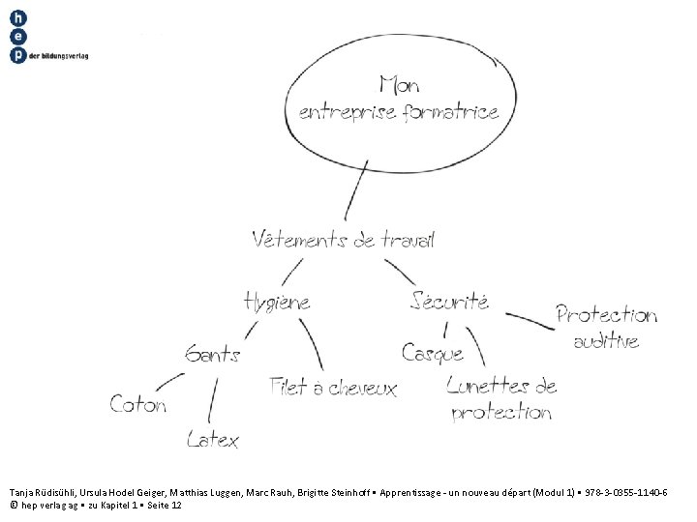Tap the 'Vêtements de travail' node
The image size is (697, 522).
pos(343,239)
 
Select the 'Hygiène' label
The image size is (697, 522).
pos(278,301)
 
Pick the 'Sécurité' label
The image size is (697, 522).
pos(450,300)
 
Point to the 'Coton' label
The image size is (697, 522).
pos(138,403)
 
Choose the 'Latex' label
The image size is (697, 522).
pos(213,440)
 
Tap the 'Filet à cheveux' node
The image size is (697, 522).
pos(334,389)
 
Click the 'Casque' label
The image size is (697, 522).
pos(433,354)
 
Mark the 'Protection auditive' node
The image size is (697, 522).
pos(606,327)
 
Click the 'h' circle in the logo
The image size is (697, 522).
pos(17,18)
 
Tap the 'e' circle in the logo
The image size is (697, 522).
pos(17,37)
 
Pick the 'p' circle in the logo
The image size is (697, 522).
pos(17,55)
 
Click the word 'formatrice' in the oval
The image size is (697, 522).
pos(449,112)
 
